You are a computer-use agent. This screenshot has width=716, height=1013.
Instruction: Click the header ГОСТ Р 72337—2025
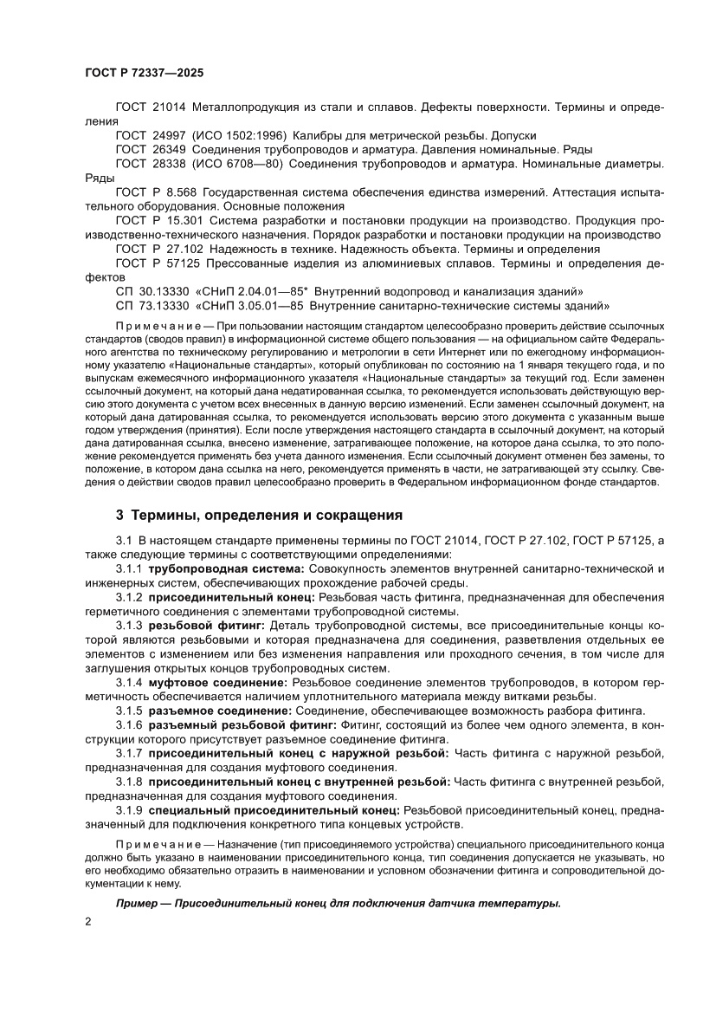pos(145,75)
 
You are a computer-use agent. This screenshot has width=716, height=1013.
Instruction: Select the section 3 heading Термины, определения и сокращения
pos(260,516)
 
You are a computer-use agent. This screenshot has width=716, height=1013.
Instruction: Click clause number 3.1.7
pos(129,753)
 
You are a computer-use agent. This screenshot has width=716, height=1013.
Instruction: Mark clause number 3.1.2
pos(129,597)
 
